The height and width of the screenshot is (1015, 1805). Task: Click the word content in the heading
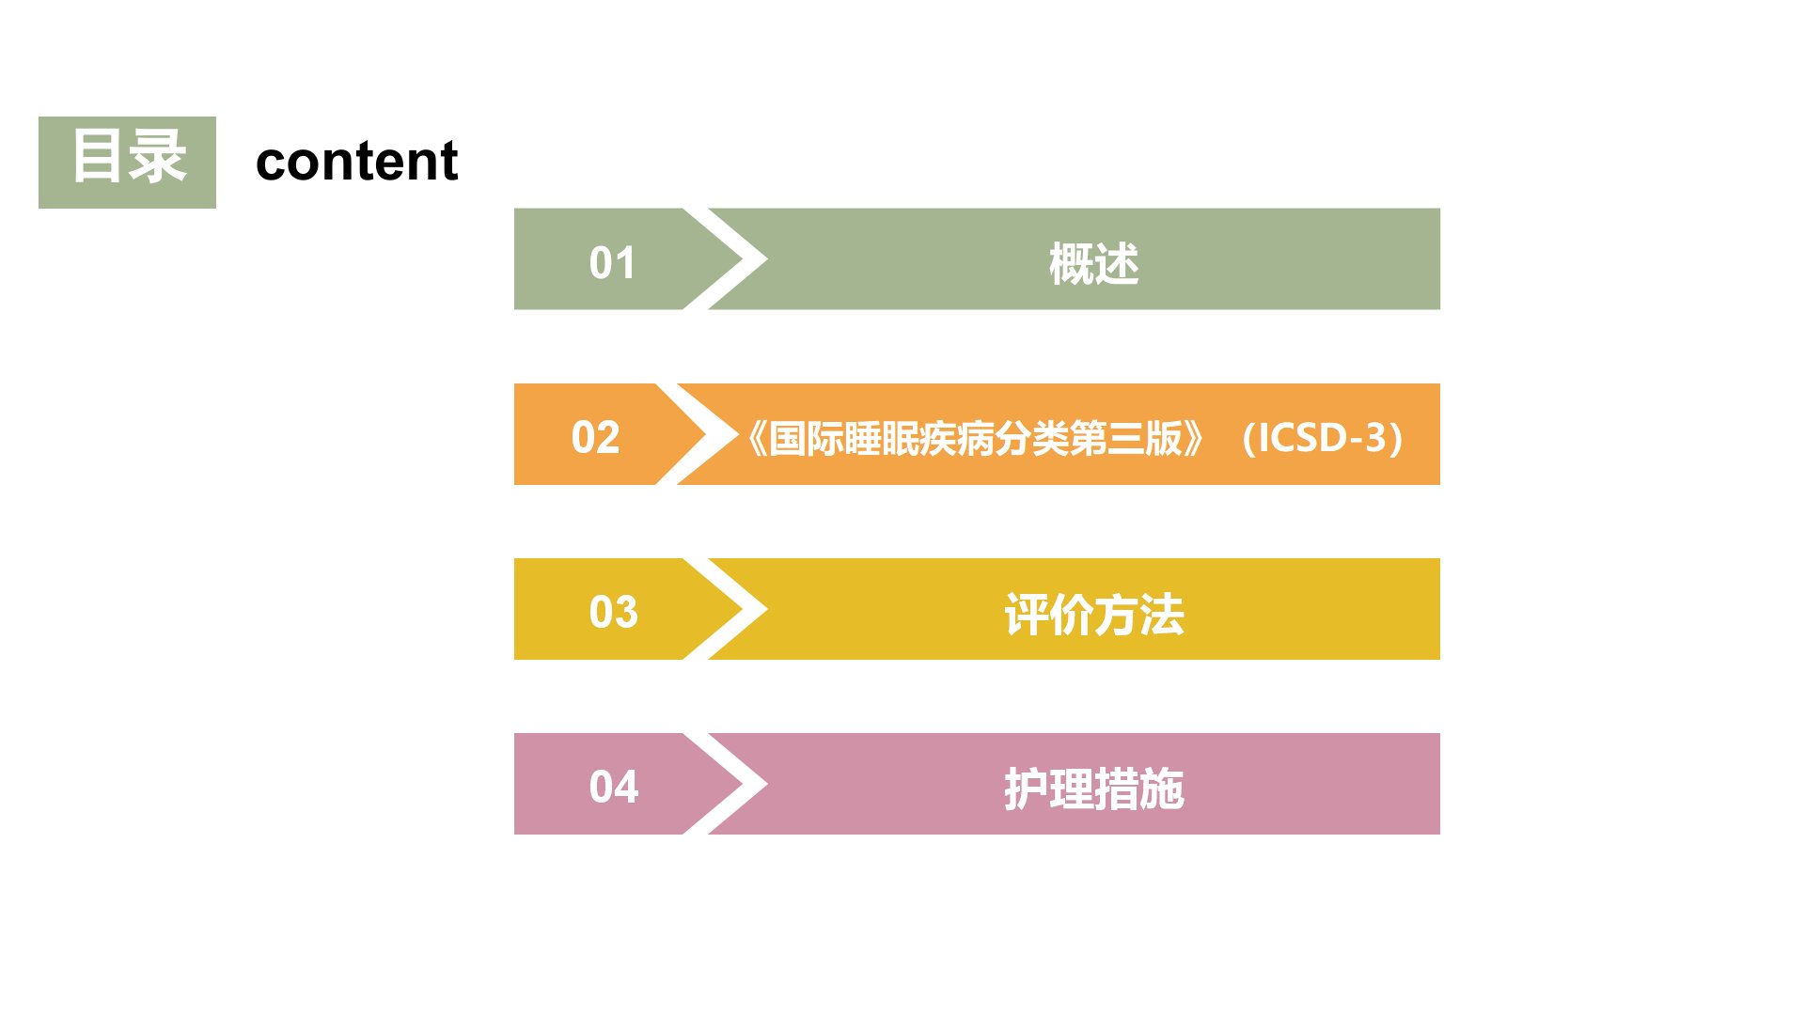tap(356, 161)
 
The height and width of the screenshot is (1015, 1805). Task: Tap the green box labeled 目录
tap(127, 163)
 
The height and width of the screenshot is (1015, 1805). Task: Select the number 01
tap(612, 262)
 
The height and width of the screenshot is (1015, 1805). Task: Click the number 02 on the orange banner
tap(595, 437)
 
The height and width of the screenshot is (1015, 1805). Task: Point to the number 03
tap(613, 612)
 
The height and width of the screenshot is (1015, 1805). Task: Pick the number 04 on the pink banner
tap(613, 787)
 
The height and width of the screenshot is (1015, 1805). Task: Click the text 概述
tap(1093, 264)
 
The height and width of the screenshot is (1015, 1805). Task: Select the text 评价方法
tap(1094, 615)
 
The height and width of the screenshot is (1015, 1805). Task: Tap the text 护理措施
tap(1094, 789)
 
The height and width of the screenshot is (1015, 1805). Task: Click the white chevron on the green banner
tap(726, 258)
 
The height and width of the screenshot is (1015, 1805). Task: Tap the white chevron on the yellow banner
tap(726, 609)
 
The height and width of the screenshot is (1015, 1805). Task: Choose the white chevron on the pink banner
tap(726, 784)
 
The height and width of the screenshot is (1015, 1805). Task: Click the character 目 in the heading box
tap(97, 156)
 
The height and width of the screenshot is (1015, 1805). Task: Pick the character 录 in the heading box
tap(158, 156)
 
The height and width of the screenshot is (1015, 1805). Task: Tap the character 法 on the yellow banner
tap(1162, 615)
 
